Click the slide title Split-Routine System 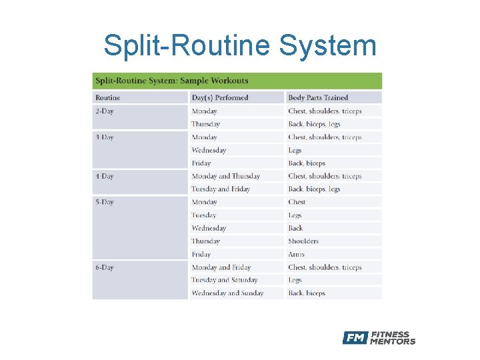pyautogui.click(x=240, y=46)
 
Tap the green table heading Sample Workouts pyautogui.click(x=171, y=81)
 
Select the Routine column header pyautogui.click(x=108, y=98)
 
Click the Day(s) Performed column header pyautogui.click(x=220, y=98)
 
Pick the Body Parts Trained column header pyautogui.click(x=318, y=98)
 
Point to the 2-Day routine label pyautogui.click(x=105, y=111)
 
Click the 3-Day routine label pyautogui.click(x=105, y=137)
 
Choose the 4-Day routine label pyautogui.click(x=105, y=177)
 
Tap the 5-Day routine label pyautogui.click(x=105, y=202)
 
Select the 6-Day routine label pyautogui.click(x=105, y=267)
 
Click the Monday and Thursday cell pyautogui.click(x=226, y=177)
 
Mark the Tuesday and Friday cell pyautogui.click(x=221, y=189)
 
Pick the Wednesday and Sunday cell pyautogui.click(x=227, y=293)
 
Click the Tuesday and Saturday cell pyautogui.click(x=225, y=280)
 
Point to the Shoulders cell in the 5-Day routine pyautogui.click(x=303, y=241)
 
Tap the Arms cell pyautogui.click(x=297, y=254)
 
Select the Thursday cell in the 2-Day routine pyautogui.click(x=205, y=124)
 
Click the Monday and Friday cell pyautogui.click(x=221, y=267)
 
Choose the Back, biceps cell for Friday pyautogui.click(x=307, y=163)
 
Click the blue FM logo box pyautogui.click(x=355, y=338)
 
